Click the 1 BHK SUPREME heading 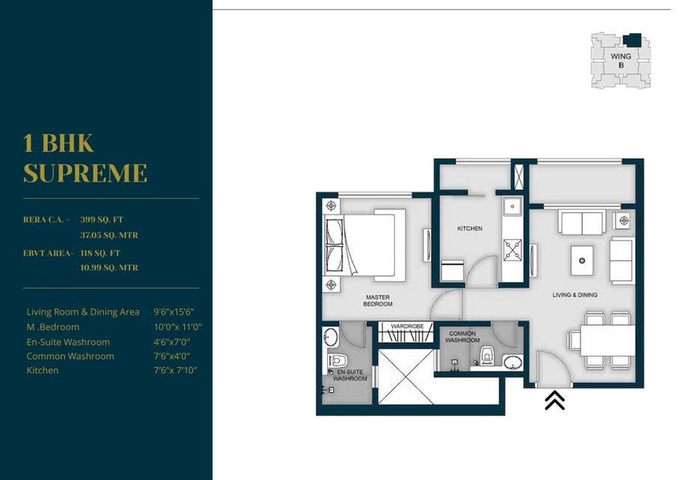[x=85, y=158]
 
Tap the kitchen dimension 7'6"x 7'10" [x=175, y=371]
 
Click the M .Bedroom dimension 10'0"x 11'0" [x=177, y=327]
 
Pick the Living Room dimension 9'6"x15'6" [x=177, y=312]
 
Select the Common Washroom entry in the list [x=70, y=356]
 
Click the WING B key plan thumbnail [x=619, y=60]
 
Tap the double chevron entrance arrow [x=554, y=401]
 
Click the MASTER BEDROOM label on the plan [x=377, y=301]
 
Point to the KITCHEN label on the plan [x=470, y=229]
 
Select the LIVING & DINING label [x=575, y=295]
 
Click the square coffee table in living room [x=581, y=259]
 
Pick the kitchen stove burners [x=513, y=248]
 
